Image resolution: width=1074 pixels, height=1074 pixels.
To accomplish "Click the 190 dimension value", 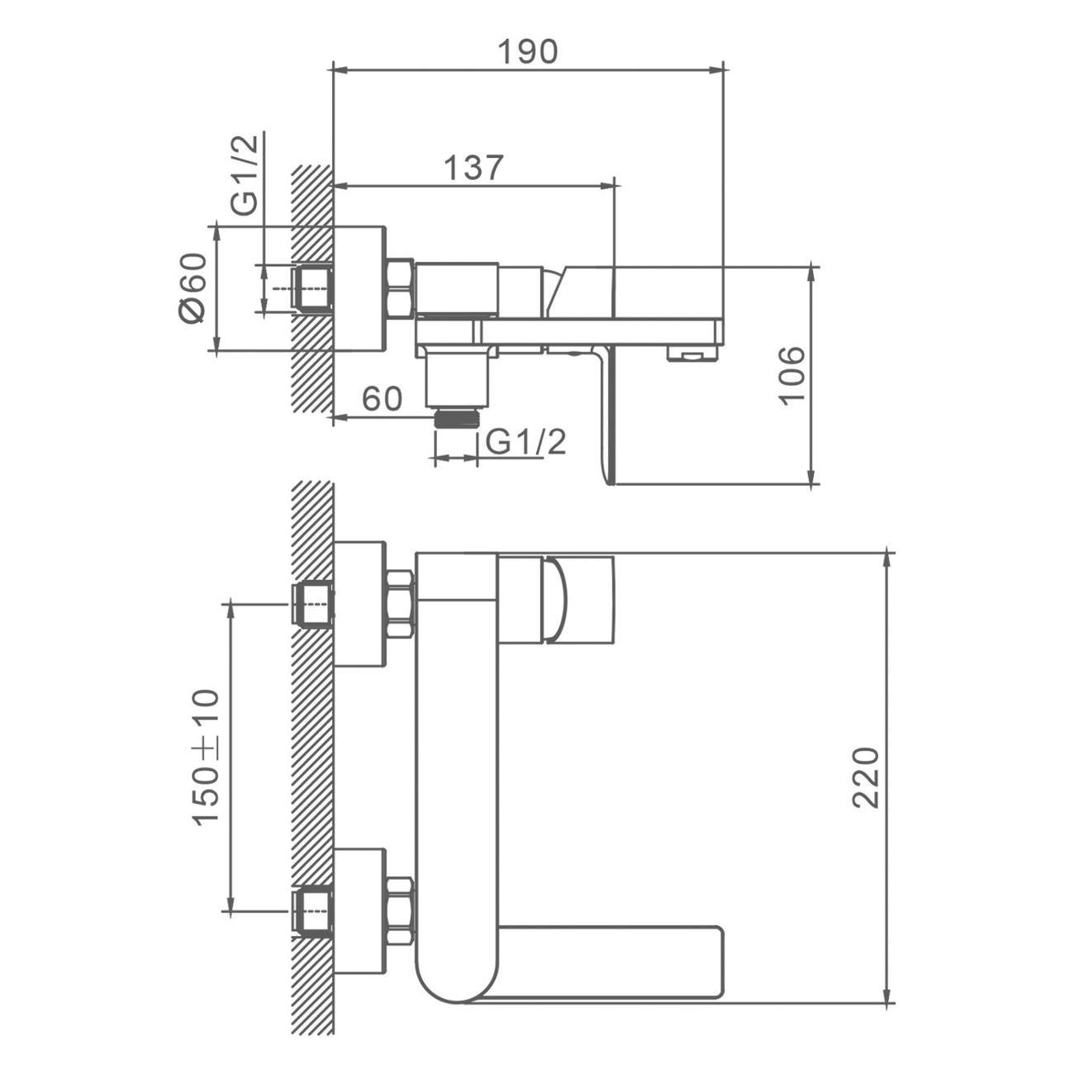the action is (527, 51).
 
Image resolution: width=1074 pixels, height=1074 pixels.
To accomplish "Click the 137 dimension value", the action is (473, 167).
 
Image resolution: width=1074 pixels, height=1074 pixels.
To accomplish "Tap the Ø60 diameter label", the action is (192, 288).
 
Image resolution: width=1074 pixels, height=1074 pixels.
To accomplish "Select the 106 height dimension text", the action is (792, 376).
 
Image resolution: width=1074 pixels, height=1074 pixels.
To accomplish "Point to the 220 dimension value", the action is (866, 777).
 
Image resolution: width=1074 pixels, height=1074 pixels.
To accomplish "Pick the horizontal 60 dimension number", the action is (382, 398).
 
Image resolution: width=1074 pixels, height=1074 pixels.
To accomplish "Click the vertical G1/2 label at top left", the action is (245, 175).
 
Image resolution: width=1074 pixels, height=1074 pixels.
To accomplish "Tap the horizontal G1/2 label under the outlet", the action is (525, 442).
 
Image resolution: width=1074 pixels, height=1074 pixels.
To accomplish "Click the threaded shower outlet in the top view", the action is (457, 417).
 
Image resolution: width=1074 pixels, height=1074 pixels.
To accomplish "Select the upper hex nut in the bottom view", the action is (400, 604).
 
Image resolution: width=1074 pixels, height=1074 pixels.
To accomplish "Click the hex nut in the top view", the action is (400, 288).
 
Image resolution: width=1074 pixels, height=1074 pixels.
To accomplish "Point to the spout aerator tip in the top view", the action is (691, 354).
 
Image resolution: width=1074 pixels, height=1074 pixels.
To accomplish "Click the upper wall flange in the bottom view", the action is (360, 604).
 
